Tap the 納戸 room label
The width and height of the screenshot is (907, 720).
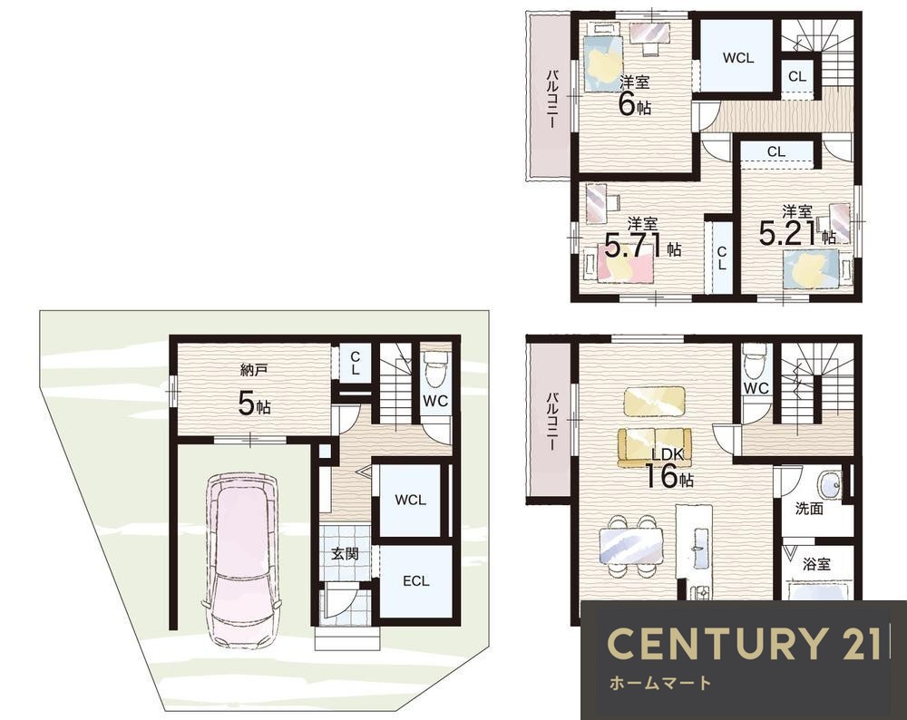point(253,370)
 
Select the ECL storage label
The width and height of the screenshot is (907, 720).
point(416,580)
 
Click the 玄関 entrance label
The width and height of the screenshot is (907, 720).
point(345,554)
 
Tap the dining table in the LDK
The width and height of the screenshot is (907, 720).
point(630,545)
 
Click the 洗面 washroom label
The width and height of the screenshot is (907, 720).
point(809,509)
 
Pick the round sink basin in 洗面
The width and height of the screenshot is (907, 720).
point(829,484)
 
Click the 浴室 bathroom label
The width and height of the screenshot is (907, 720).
point(817,564)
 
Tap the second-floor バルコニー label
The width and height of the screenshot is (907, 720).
point(552,422)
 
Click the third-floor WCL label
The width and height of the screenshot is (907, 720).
point(738,58)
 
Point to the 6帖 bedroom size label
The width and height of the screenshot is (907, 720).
point(635,104)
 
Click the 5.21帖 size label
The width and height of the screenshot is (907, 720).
point(796,234)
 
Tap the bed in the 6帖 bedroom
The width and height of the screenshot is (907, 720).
point(603,59)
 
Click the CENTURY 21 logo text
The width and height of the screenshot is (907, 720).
point(745,643)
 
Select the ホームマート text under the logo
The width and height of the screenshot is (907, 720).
point(660,684)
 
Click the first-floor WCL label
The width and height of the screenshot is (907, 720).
point(410,501)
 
